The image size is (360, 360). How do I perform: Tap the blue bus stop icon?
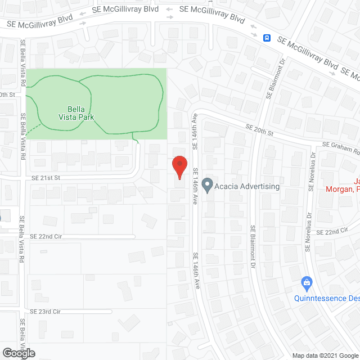pos(267,38)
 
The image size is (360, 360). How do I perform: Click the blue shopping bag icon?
pos(307,281)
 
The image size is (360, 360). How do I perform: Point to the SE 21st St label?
pos(46,177)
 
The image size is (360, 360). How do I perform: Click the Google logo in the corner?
pos(18,353)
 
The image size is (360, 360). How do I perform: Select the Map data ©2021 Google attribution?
pos(325,355)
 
